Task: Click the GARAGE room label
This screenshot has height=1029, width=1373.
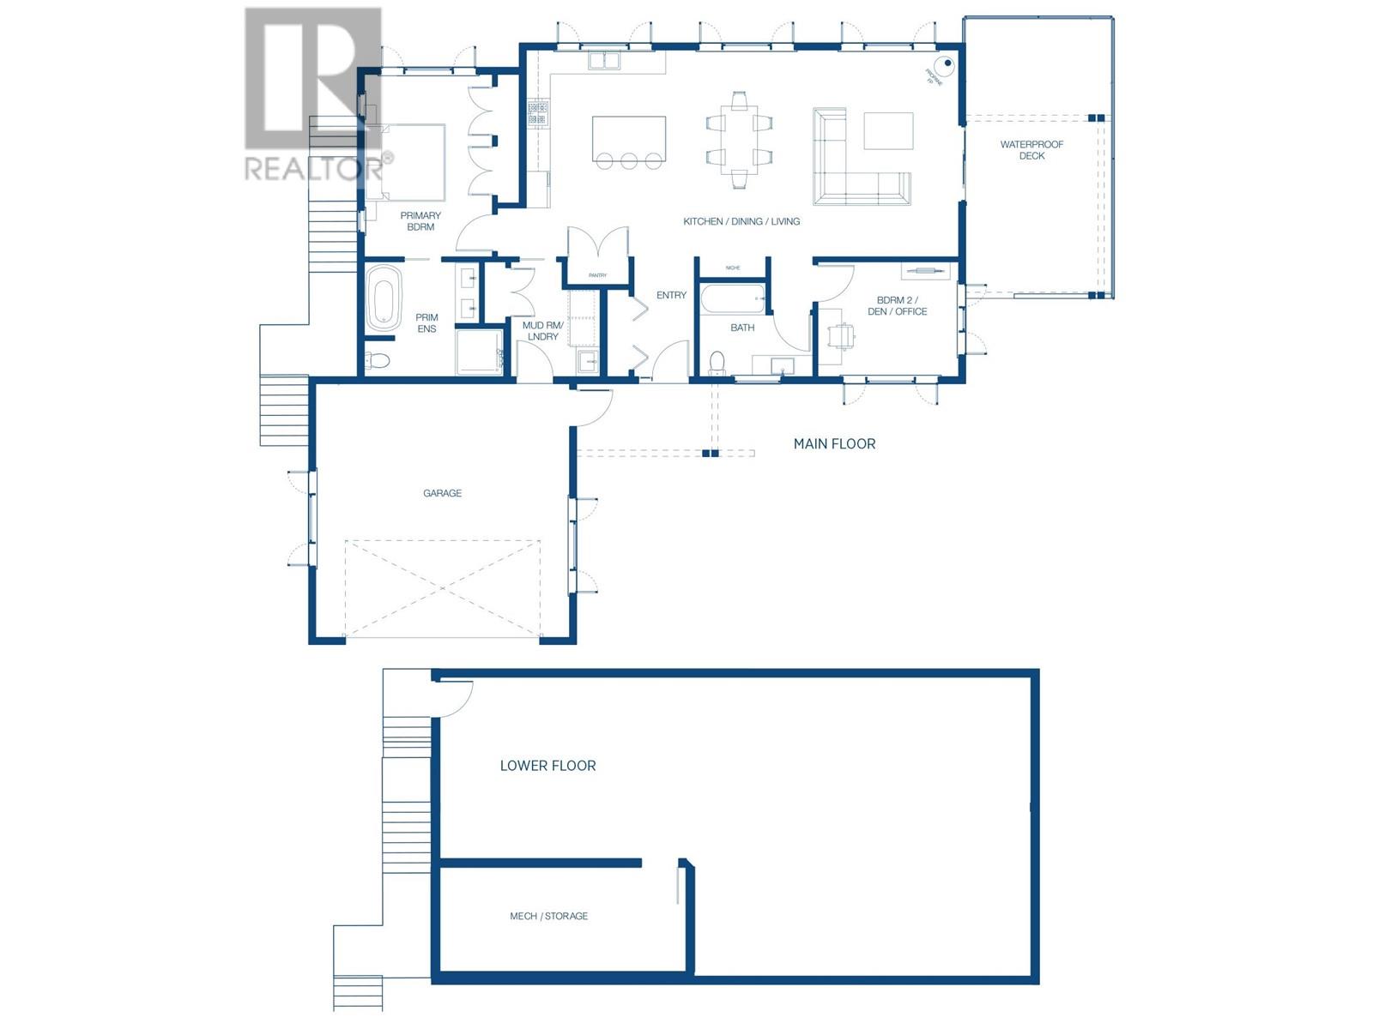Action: click(x=442, y=493)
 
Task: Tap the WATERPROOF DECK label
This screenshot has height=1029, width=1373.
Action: click(x=1031, y=150)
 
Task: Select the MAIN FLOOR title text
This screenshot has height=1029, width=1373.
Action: click(x=834, y=443)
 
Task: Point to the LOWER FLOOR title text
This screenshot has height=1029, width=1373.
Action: click(x=547, y=766)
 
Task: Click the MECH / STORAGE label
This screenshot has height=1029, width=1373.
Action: click(x=548, y=916)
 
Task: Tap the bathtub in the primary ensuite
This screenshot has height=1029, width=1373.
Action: click(x=384, y=298)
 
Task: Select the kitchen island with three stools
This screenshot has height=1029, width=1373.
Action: click(x=629, y=138)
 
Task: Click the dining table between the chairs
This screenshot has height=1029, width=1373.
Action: click(x=739, y=139)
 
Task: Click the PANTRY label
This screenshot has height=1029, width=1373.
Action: click(x=597, y=275)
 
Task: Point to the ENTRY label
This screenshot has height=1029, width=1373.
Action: click(x=671, y=295)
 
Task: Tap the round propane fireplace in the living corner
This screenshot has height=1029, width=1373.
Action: click(x=945, y=63)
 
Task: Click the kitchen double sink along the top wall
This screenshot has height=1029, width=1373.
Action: click(x=604, y=60)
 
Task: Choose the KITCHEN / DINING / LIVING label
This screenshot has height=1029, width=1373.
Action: click(x=741, y=221)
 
